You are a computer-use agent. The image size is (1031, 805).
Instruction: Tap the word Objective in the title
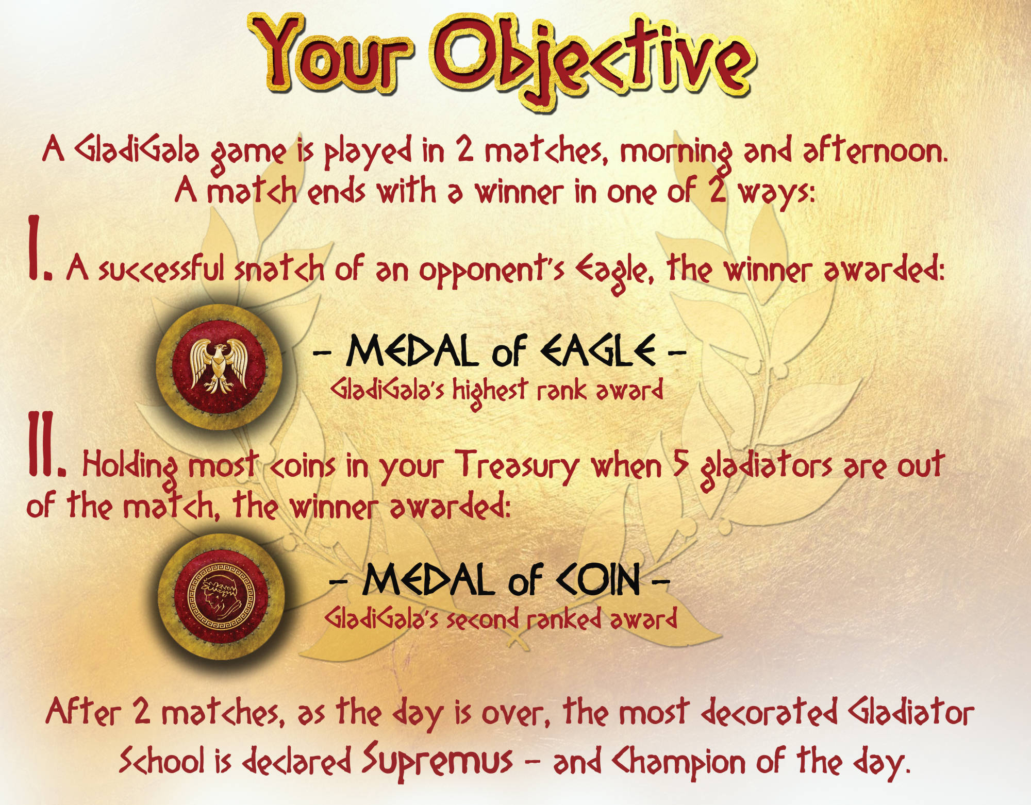(593, 59)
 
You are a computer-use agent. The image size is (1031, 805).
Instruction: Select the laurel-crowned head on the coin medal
(220, 597)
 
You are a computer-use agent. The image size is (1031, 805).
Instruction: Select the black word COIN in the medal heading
(598, 580)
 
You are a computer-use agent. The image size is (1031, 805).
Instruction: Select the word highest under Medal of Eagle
(490, 390)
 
